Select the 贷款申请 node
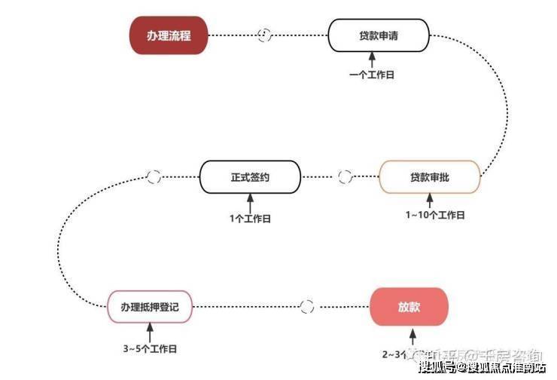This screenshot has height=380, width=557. coord(379,35)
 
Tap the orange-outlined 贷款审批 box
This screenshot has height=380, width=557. coord(429,177)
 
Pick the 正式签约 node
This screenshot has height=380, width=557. coord(249,177)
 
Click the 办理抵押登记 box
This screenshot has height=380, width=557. coord(150,307)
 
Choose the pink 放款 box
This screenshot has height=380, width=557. coord(409,307)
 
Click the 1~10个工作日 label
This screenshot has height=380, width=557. coord(435,215)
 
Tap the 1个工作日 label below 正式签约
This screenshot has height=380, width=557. coord(250,218)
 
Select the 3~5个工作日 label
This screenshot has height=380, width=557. coord(150,349)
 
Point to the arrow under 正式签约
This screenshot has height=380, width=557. coord(250,202)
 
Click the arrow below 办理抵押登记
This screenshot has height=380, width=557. coord(150,332)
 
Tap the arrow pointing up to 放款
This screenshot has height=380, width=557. coord(410,335)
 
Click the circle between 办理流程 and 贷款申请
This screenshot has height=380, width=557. coord(264,35)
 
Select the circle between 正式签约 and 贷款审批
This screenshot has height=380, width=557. coord(345,177)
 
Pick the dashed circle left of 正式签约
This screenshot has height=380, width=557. coord(154,177)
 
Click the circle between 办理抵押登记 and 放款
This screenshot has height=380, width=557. coord(306,307)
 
